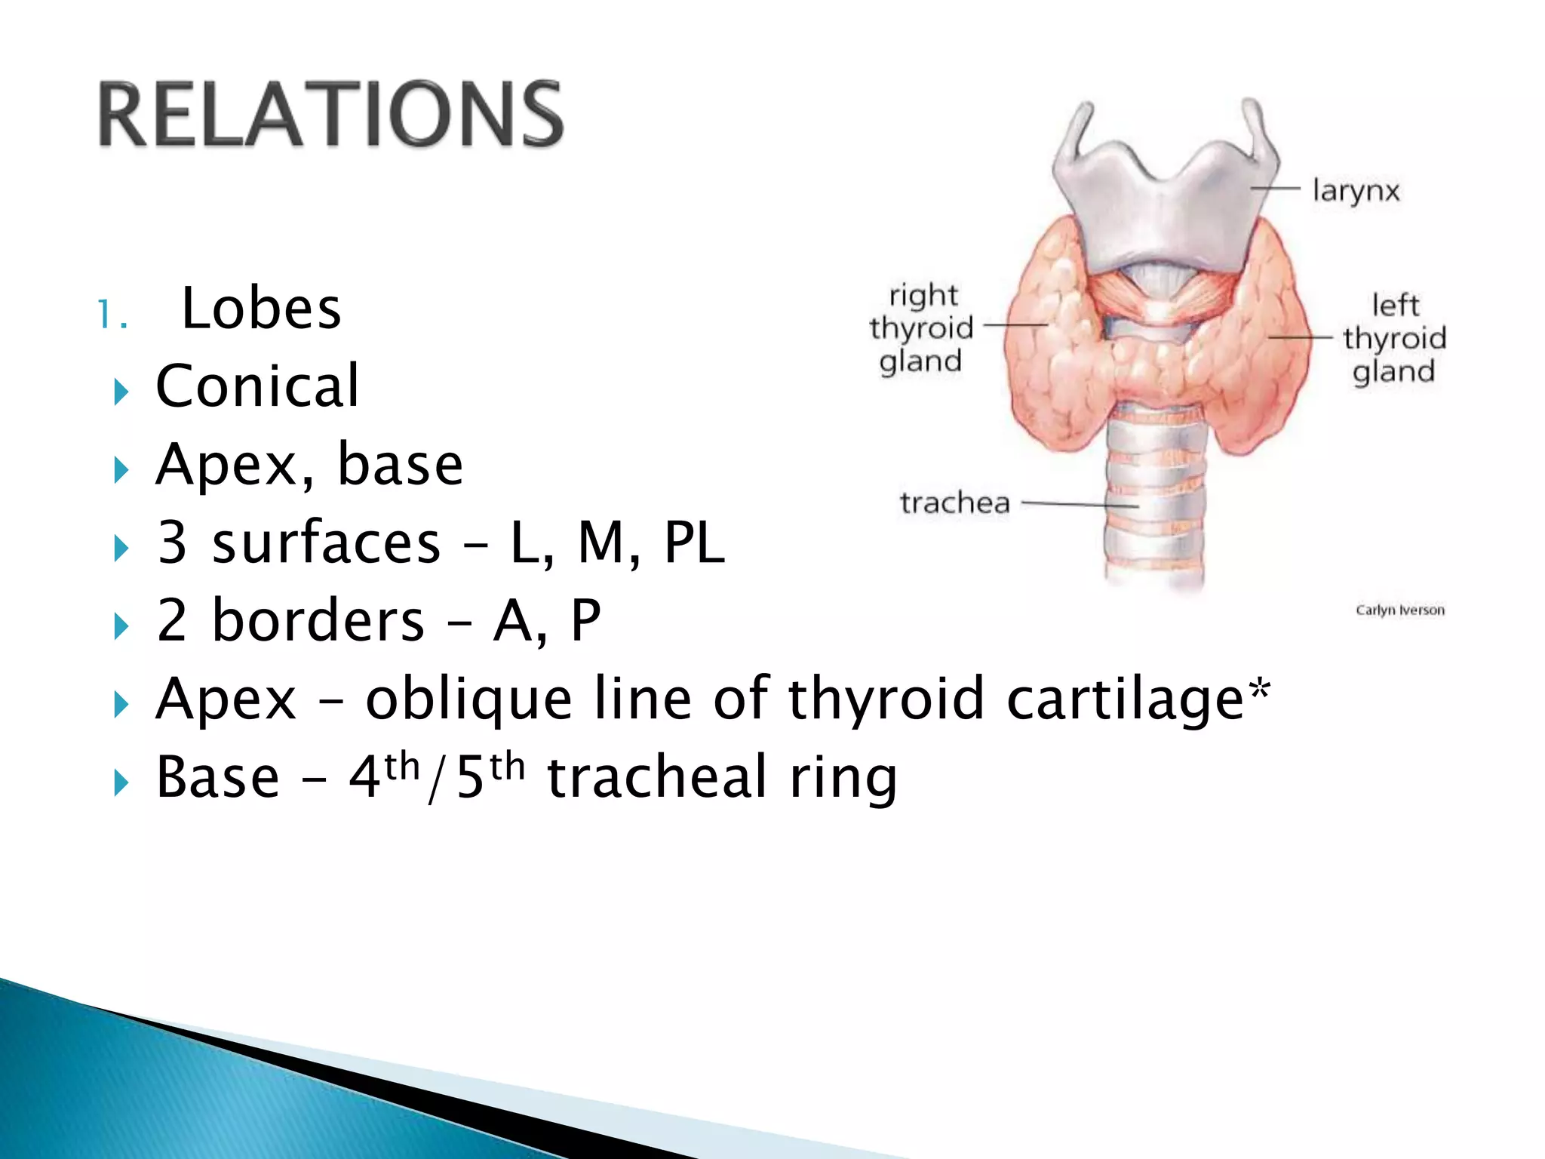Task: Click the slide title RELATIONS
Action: coord(330,115)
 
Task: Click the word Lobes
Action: coord(261,309)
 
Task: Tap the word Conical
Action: coord(257,386)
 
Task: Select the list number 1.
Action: coord(112,315)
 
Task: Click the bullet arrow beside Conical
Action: coord(121,392)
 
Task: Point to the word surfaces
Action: coord(326,543)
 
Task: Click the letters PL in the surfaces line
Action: coord(694,543)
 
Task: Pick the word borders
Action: coord(318,620)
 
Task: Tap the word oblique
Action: coord(468,699)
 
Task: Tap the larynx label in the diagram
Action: coord(1356,191)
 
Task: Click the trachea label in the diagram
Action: coord(954,503)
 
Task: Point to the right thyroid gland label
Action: coord(921,328)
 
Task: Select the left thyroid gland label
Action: coord(1394,339)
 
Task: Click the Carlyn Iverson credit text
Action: coord(1400,610)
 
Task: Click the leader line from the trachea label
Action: coord(1079,504)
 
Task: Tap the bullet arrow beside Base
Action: coord(121,782)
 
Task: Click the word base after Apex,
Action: coord(400,465)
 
